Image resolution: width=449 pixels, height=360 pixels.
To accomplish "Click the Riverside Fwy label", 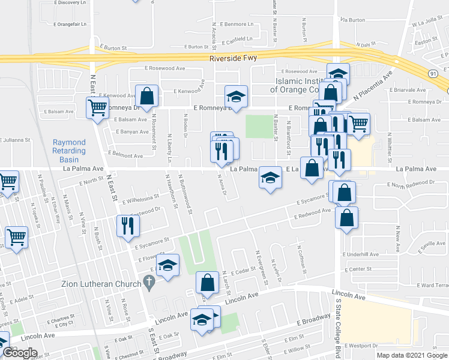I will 235,59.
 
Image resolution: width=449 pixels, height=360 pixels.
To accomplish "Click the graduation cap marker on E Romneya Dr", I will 236,96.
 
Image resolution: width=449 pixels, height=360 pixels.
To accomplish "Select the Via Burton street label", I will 352,20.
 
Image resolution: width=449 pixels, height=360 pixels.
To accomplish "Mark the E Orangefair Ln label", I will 70,25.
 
